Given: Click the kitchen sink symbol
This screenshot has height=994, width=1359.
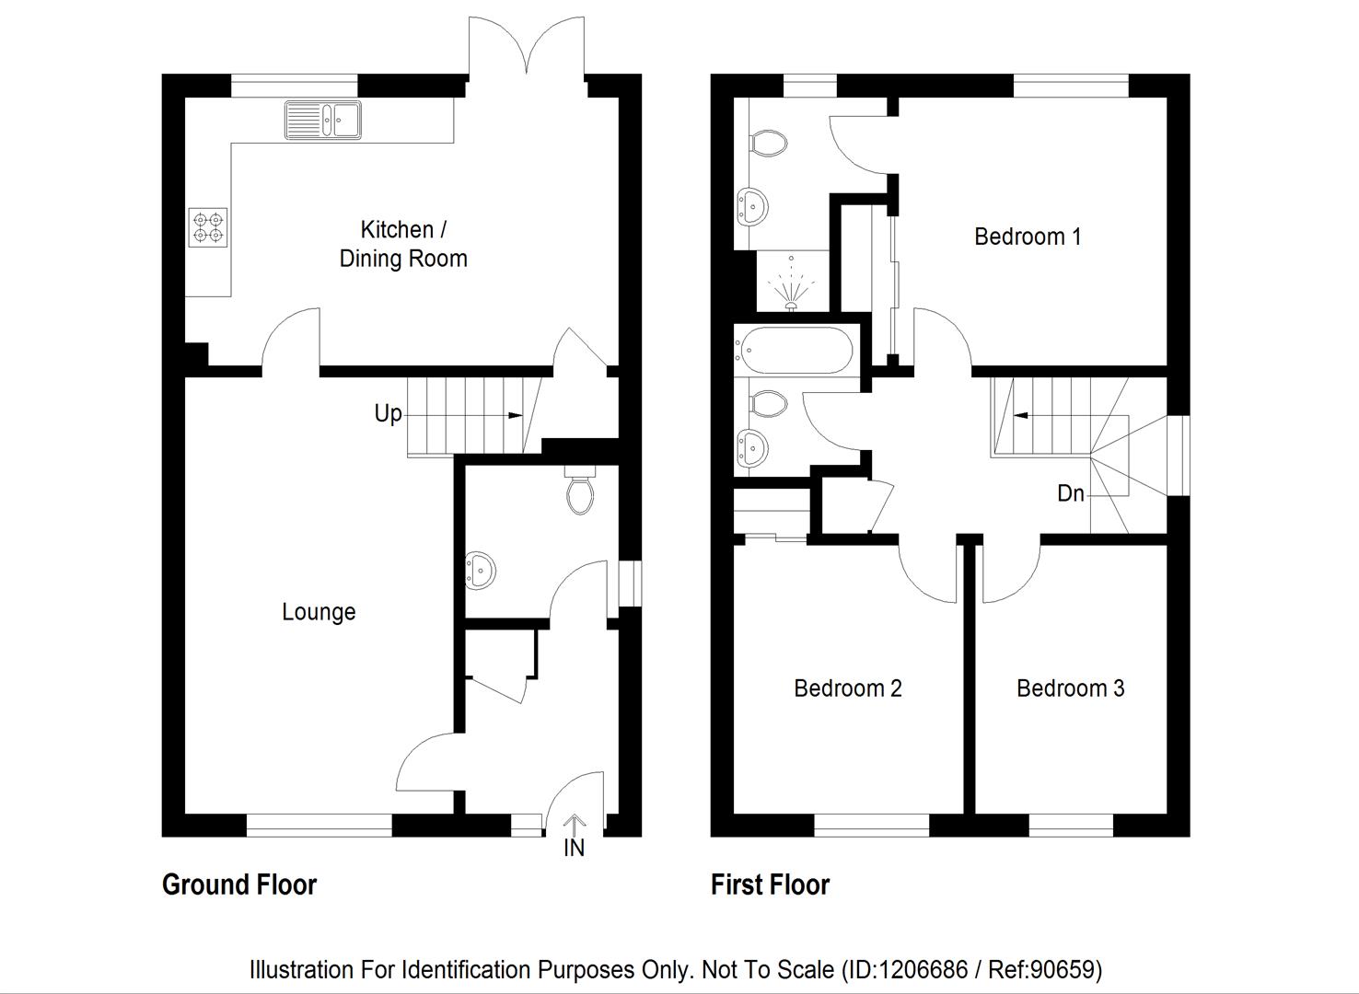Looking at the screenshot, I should click(323, 121).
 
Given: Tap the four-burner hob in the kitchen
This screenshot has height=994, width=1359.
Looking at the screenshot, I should click(208, 228).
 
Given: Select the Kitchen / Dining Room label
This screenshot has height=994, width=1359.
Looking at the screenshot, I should click(402, 244).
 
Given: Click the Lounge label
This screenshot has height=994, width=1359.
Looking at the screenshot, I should click(319, 612).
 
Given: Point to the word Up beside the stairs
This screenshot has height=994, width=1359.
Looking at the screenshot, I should click(388, 414).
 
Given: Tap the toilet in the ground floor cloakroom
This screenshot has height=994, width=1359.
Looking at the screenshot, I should click(580, 491).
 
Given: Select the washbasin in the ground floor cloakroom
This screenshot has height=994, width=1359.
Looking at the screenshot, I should click(480, 570).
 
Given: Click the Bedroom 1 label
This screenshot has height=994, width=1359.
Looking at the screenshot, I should click(1028, 237).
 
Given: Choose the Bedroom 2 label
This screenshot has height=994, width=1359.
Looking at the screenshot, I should click(847, 688).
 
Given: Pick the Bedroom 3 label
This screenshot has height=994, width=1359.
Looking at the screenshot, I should click(1070, 688).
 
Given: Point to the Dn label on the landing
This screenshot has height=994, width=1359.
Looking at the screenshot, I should click(1070, 494).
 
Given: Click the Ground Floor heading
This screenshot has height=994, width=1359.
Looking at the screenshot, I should click(239, 885).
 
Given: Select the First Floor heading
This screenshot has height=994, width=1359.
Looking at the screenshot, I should click(770, 885).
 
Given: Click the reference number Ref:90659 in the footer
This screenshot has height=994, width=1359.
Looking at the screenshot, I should click(1042, 969).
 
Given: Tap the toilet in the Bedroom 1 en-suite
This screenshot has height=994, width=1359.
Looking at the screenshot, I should click(770, 143).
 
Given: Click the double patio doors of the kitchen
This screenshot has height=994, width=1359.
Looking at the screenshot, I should click(527, 46).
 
